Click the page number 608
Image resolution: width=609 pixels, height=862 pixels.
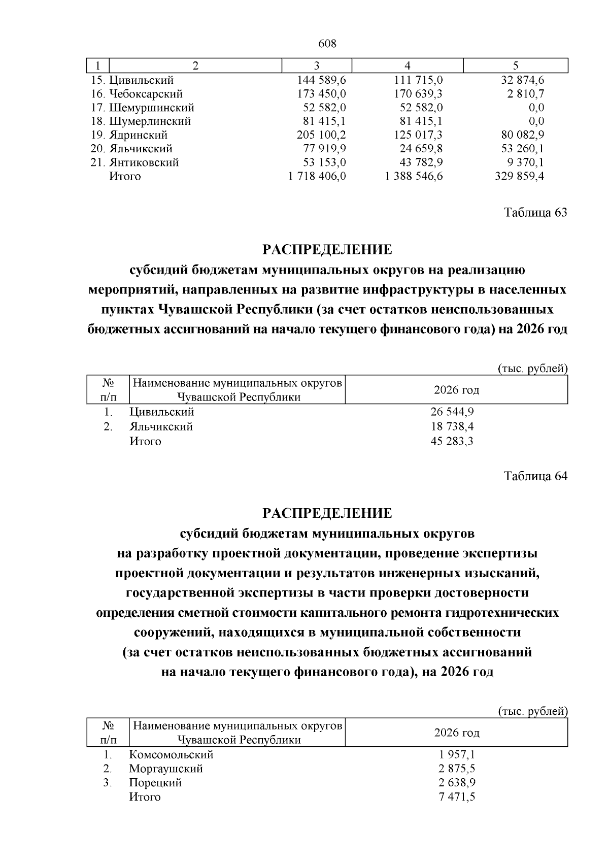click(327, 44)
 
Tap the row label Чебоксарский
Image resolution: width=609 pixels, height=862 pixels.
click(145, 94)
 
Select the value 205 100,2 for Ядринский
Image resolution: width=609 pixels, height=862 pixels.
click(321, 135)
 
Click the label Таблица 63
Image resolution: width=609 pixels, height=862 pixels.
click(535, 212)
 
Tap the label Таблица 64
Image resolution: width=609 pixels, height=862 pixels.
click(535, 476)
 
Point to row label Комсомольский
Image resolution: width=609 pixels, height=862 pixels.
click(171, 754)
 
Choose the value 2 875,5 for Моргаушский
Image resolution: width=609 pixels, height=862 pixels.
click(457, 769)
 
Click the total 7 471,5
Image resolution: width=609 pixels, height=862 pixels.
click(457, 797)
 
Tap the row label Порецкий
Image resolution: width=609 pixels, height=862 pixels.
click(155, 783)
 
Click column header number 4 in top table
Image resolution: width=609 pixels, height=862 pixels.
click(407, 65)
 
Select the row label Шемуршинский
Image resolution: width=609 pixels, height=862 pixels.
click(151, 108)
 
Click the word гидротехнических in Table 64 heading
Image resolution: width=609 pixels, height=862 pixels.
click(502, 613)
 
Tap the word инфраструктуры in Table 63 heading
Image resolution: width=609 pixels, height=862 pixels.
click(417, 290)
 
